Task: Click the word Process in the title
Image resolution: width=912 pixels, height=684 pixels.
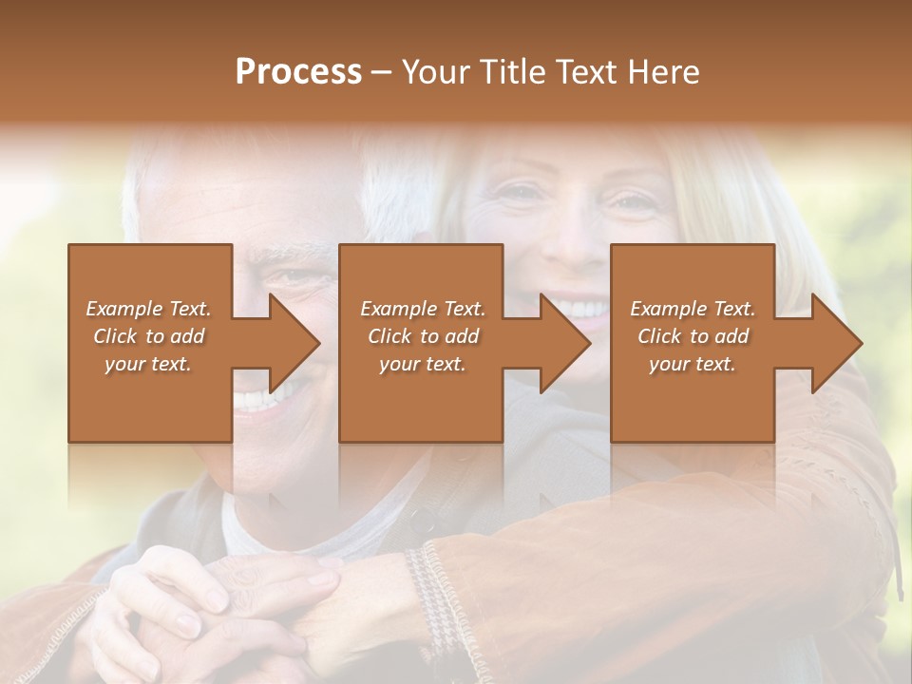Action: tap(298, 72)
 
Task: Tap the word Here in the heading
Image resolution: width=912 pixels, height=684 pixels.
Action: tap(664, 72)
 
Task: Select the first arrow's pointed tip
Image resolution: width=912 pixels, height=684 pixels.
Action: tap(317, 344)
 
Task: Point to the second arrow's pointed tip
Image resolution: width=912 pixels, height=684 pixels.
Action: tap(588, 344)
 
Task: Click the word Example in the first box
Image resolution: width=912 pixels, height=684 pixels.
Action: tap(124, 309)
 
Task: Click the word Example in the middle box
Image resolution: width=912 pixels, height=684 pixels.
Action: tap(398, 309)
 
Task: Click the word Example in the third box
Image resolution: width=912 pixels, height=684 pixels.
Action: tap(668, 309)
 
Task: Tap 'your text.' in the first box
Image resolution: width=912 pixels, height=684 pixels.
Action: tap(148, 364)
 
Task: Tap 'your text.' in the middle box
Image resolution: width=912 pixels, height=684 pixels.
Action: tap(422, 364)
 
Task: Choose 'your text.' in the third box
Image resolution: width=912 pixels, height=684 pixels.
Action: tap(692, 364)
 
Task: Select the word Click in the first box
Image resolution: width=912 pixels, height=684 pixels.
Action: tap(115, 336)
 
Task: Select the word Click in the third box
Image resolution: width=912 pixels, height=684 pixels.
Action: tap(659, 336)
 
